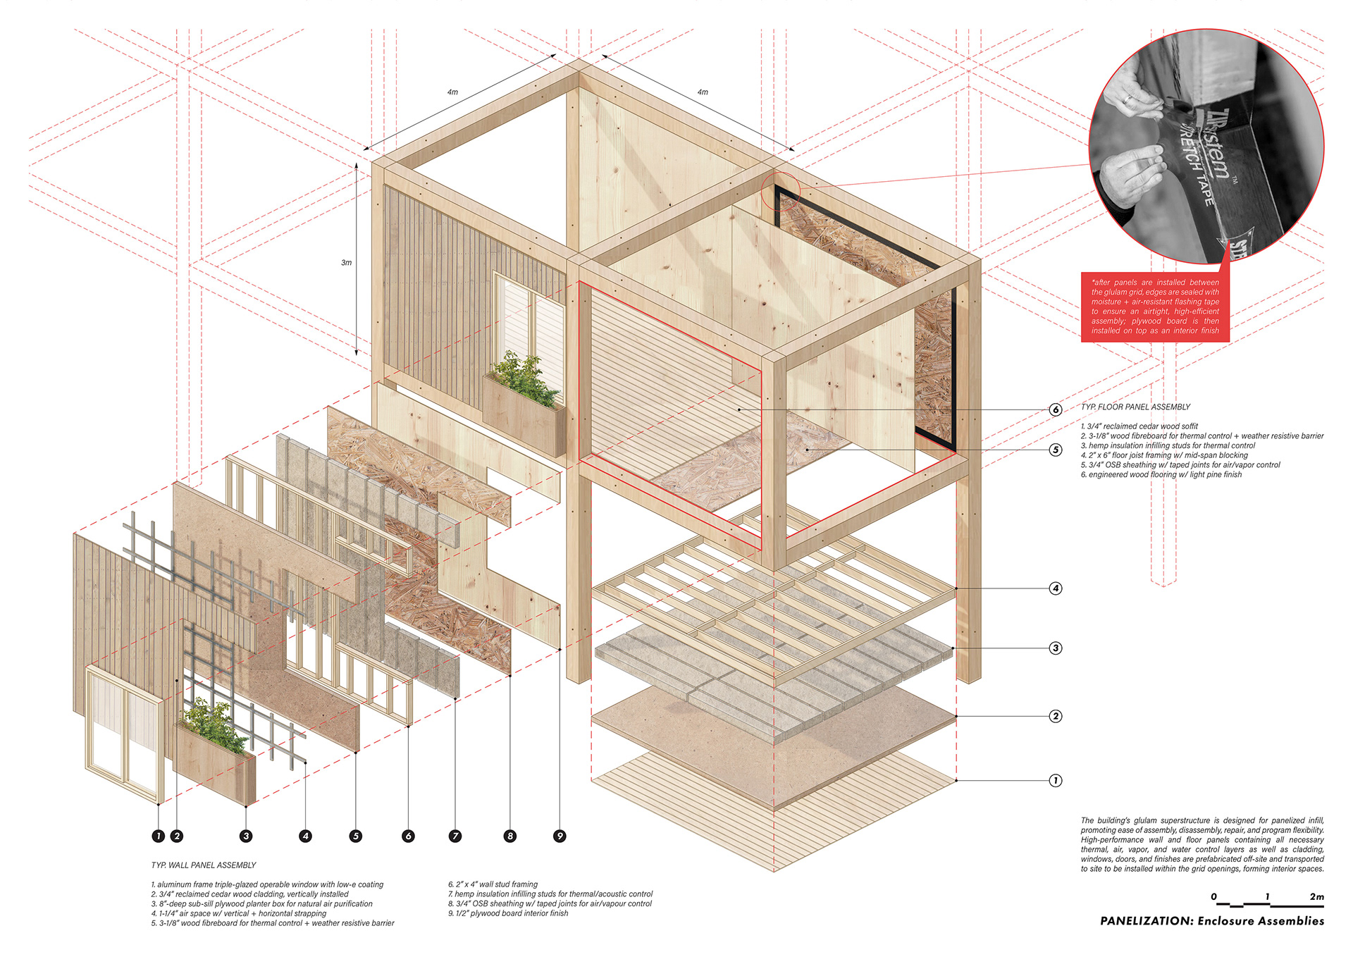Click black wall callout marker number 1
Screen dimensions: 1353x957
[x=159, y=836]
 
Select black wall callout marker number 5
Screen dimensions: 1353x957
[x=356, y=836]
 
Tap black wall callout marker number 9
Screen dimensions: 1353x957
[x=560, y=836]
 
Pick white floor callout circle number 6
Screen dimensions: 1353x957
[x=1055, y=409]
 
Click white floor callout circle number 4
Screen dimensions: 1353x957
[x=1055, y=588]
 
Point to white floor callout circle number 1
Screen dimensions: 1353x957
[x=1055, y=780]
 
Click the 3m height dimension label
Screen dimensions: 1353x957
[x=346, y=262]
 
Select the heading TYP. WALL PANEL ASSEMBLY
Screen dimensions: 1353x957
[x=204, y=865]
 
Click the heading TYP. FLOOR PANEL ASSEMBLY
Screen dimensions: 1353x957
[x=1135, y=407]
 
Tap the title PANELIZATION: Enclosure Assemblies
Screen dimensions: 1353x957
[x=1211, y=920]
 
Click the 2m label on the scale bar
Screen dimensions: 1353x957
[x=1316, y=896]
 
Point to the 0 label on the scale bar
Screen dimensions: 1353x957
[x=1213, y=896]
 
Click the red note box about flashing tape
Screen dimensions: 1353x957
[x=1155, y=307]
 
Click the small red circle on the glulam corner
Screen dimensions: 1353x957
[x=780, y=190]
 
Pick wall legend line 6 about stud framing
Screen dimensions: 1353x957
[x=493, y=884]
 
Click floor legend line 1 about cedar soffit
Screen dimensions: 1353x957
[x=1139, y=426]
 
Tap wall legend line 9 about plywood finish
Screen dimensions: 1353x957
[x=508, y=913]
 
